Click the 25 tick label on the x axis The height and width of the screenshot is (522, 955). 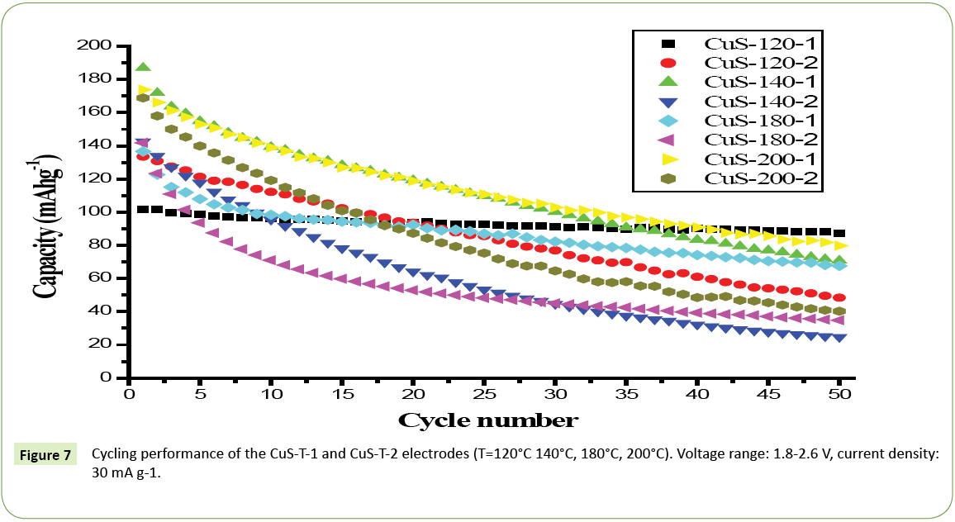(x=484, y=395)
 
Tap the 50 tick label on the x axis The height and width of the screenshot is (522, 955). (x=840, y=395)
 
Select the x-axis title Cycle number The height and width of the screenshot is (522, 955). (x=487, y=420)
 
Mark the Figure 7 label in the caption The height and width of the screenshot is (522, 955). (x=46, y=454)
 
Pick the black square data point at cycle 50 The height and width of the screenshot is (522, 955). (x=840, y=234)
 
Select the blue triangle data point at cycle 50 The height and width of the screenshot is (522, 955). (x=840, y=337)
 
